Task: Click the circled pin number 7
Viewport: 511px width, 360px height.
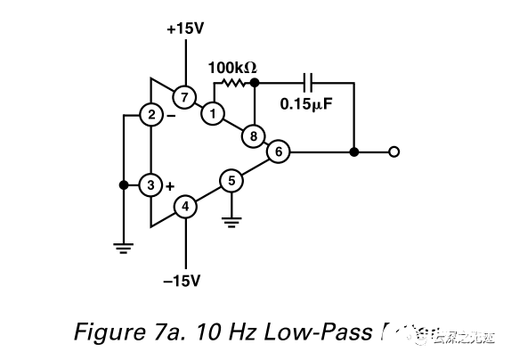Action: coord(184,96)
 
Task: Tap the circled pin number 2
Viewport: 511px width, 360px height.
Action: coord(151,115)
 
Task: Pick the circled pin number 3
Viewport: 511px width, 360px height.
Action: coord(151,184)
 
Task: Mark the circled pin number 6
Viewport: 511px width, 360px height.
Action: coord(279,152)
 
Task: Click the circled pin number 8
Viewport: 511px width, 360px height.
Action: coord(255,136)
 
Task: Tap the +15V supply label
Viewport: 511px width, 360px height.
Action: coord(185,29)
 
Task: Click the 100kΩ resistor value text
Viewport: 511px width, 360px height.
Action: coord(232,67)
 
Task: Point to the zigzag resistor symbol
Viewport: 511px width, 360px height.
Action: coord(233,82)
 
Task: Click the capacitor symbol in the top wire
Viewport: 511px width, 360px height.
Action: coord(307,82)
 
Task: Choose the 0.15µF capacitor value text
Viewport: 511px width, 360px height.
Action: coord(307,103)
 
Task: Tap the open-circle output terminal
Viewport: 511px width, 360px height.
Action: coord(393,152)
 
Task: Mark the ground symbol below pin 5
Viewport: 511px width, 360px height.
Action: coord(231,220)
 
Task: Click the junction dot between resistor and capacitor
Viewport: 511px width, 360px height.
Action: coord(255,82)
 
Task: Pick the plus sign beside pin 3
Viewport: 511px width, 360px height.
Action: coord(169,185)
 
